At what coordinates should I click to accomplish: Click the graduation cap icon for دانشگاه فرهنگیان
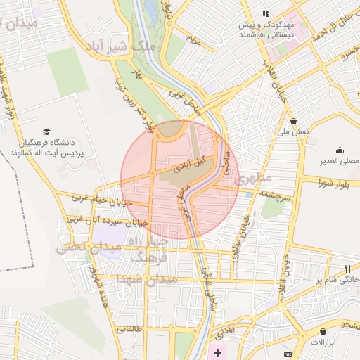pyautogui.click(x=46, y=131)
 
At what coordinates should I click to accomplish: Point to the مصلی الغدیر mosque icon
pyautogui.click(x=340, y=149)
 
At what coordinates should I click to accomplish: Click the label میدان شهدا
pyautogui.click(x=140, y=279)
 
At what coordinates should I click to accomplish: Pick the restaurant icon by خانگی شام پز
pyautogui.click(x=347, y=269)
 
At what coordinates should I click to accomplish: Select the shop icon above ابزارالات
pyautogui.click(x=323, y=331)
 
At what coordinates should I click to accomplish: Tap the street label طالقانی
pyautogui.click(x=129, y=328)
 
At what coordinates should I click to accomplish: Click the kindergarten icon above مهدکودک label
pyautogui.click(x=266, y=13)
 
